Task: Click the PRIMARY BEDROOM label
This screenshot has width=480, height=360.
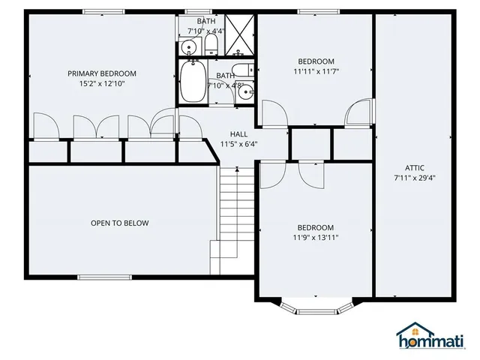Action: (102, 73)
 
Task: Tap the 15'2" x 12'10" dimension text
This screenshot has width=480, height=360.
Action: (102, 84)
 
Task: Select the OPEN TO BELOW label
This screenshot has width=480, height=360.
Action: (120, 223)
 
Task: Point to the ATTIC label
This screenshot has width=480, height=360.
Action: (415, 168)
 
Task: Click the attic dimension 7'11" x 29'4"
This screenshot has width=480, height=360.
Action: (415, 178)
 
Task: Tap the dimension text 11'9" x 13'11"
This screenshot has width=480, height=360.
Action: (315, 238)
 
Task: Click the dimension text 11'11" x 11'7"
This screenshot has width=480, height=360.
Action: (315, 72)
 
